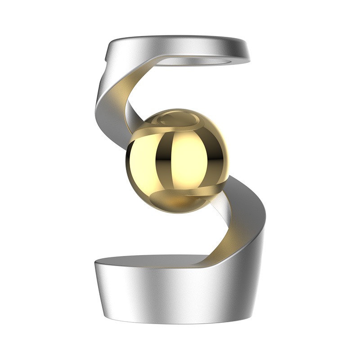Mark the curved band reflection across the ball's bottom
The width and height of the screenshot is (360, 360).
[173, 196]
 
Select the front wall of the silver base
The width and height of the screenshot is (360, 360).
[171, 297]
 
